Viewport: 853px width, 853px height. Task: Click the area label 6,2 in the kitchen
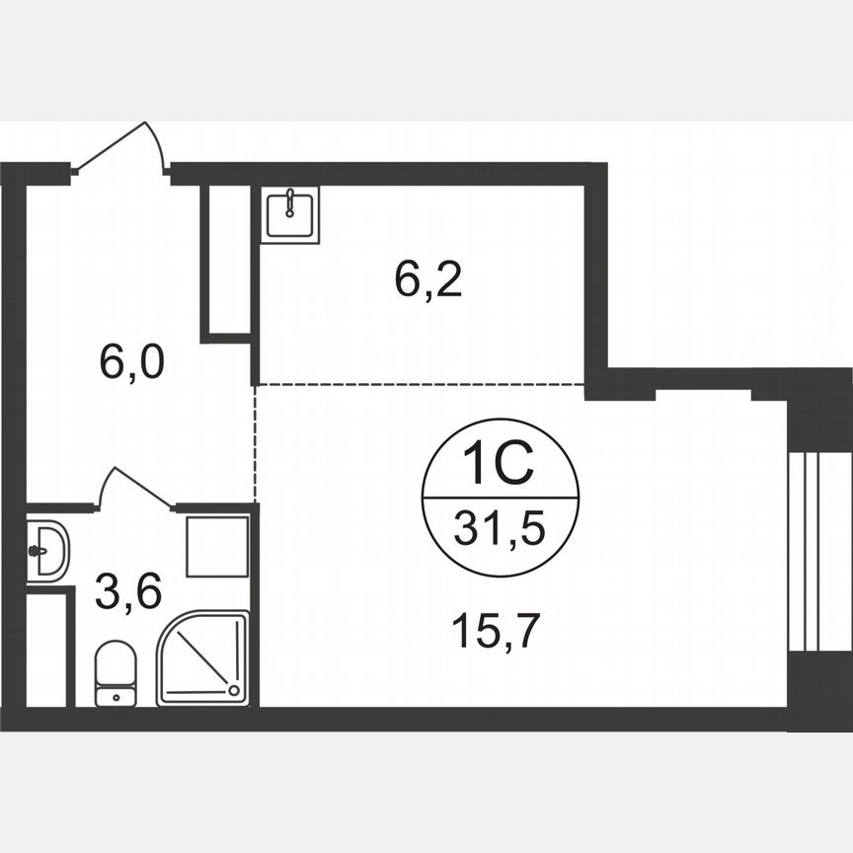(428, 282)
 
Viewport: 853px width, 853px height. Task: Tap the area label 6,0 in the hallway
(131, 361)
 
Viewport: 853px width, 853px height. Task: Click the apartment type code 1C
(499, 464)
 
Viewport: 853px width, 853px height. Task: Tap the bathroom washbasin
(45, 551)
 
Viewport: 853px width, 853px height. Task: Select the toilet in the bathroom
(116, 673)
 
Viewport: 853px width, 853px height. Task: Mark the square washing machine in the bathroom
(217, 546)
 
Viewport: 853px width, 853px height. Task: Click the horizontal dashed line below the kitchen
(420, 384)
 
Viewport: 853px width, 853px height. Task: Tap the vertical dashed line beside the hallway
(255, 444)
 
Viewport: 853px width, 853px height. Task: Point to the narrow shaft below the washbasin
(47, 647)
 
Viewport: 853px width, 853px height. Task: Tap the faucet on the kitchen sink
(289, 204)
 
